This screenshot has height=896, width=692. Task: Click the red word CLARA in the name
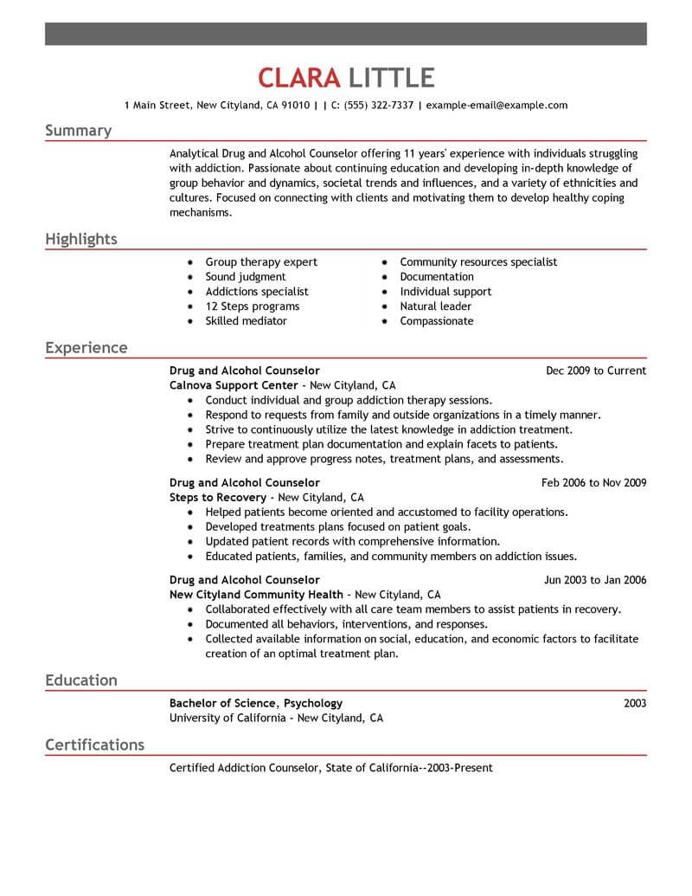[299, 78]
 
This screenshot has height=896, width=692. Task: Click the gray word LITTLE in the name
[390, 78]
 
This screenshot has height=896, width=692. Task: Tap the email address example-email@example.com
[497, 106]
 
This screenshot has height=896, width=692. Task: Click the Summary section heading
[78, 131]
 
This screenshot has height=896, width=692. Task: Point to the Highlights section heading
[81, 239]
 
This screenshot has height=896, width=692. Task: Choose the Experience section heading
[86, 348]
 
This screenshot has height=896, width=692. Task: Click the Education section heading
[81, 680]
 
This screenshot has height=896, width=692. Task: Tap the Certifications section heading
[94, 745]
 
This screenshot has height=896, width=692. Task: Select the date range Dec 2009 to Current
[596, 371]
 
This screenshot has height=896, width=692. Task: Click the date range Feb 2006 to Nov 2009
[593, 482]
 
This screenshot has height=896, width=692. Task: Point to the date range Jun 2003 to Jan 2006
[594, 580]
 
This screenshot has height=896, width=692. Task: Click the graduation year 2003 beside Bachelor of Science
[634, 703]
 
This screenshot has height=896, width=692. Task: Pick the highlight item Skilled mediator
[246, 321]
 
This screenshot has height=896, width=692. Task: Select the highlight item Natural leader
[436, 306]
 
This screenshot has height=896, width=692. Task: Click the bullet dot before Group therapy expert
[189, 262]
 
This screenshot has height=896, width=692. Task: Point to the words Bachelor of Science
[223, 703]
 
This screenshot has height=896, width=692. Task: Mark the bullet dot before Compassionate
[384, 321]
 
